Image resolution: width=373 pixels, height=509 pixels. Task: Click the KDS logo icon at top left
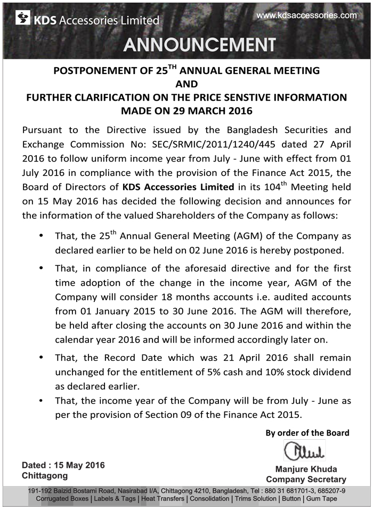23,19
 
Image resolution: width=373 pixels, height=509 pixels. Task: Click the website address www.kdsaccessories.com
306,15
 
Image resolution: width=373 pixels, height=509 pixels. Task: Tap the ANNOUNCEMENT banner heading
200,44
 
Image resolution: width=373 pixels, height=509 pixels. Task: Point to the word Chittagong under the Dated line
45,475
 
